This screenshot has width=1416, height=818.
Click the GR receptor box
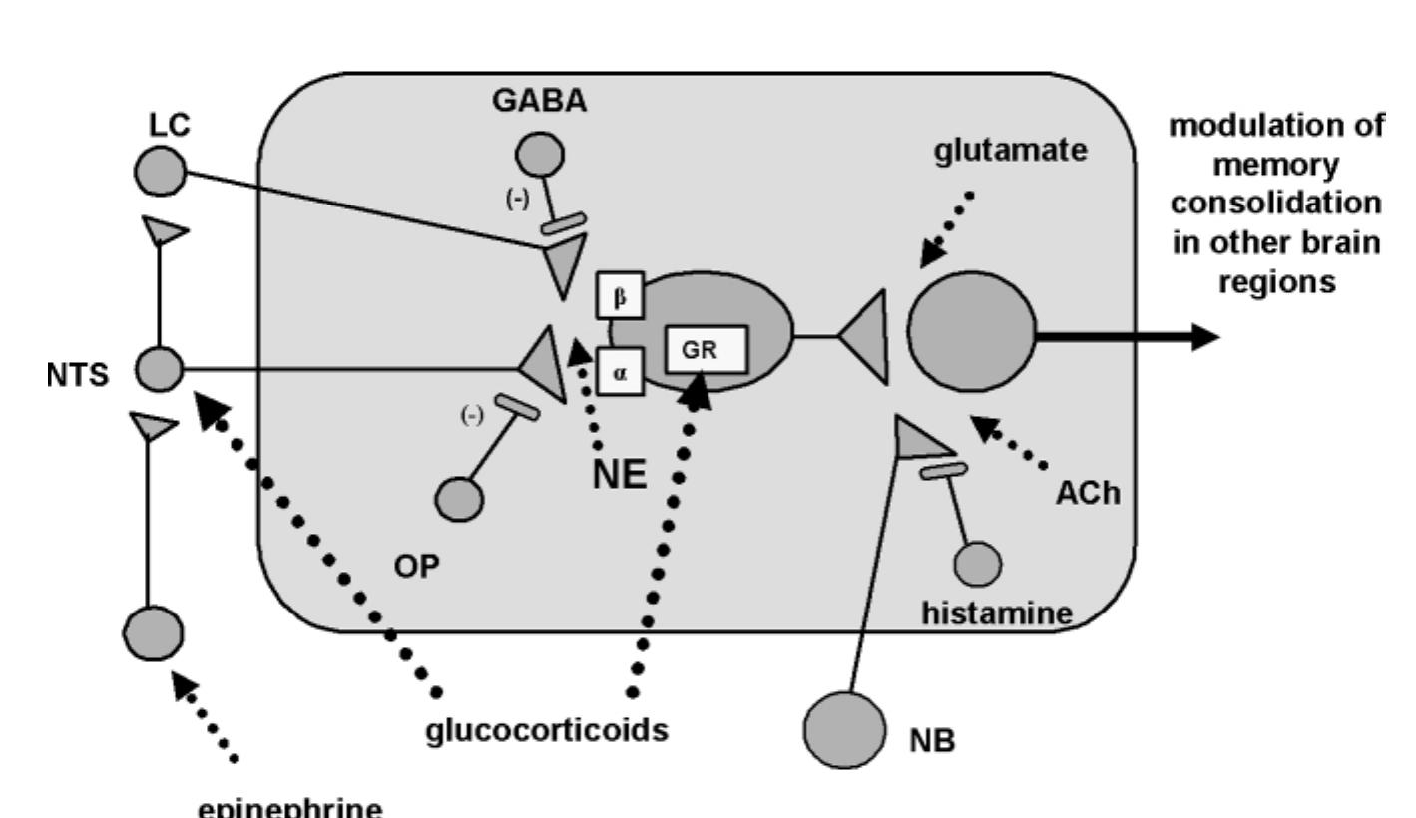pos(707,351)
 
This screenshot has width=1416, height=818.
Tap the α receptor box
pos(619,371)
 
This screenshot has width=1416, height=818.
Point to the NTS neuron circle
pos(159,369)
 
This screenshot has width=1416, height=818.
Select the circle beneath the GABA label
pos(538,156)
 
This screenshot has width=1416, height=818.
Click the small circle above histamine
pos(978,565)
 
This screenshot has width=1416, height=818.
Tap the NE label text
pos(621,476)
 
